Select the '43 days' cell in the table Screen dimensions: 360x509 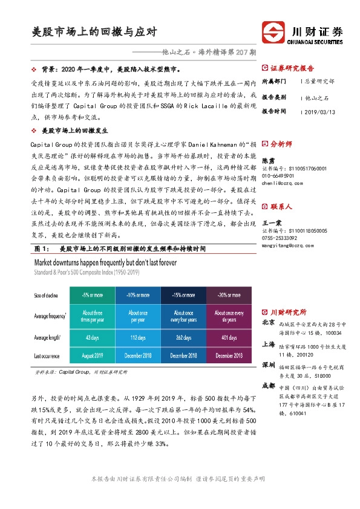pos(93,337)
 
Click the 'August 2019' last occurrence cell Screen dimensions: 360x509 pos(93,356)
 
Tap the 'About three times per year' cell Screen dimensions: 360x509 pos(93,316)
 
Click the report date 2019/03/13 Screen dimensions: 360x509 pos(323,112)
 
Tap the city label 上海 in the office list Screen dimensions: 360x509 pos(269,345)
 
